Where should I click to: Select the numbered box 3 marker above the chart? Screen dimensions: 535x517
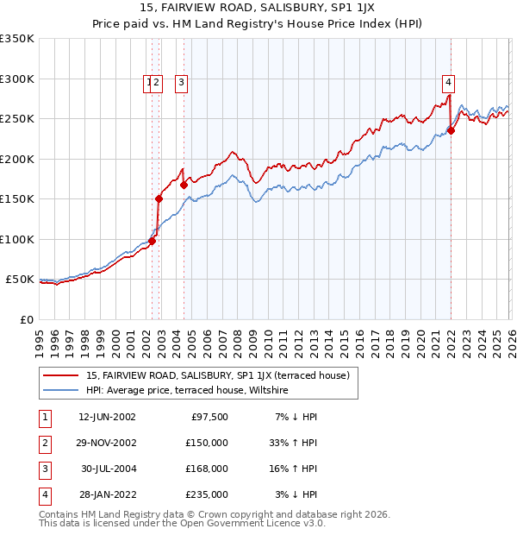tap(183, 83)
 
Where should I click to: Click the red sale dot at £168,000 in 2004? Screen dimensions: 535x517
tap(184, 185)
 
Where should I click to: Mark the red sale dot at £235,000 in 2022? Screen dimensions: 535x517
tap(451, 131)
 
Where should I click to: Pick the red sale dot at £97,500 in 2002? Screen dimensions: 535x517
tap(152, 242)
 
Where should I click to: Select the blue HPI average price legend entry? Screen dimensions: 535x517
tap(187, 391)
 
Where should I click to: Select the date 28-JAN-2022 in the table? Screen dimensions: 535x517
tap(106, 494)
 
